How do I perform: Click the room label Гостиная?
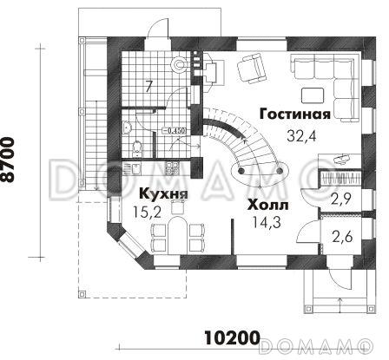click(x=294, y=115)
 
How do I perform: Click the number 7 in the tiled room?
click(x=148, y=85)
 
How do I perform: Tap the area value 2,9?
click(x=340, y=199)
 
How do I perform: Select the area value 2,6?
click(x=340, y=233)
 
